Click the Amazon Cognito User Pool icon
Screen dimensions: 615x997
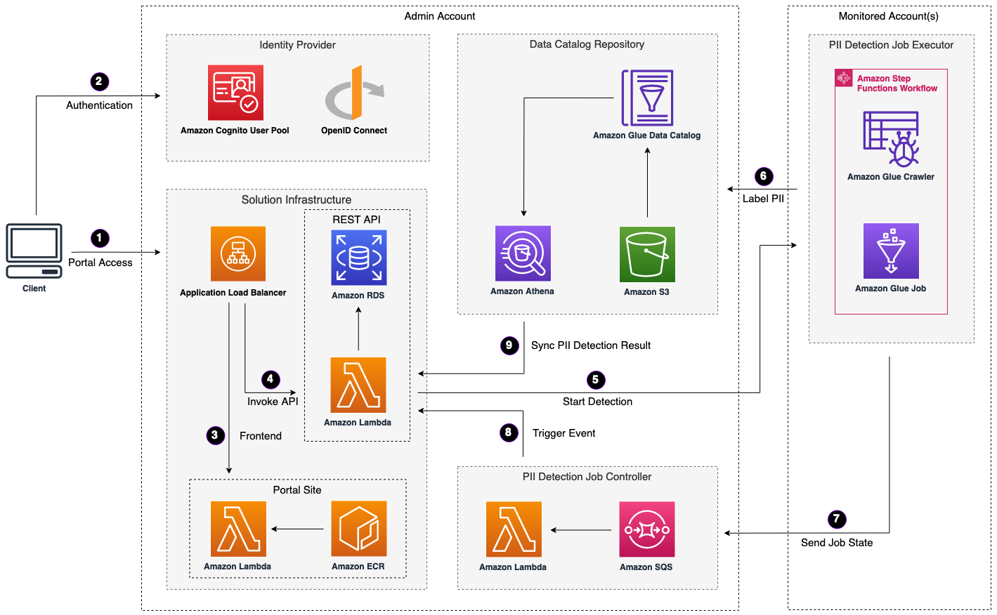pyautogui.click(x=235, y=93)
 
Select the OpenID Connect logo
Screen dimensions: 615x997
pyautogui.click(x=354, y=93)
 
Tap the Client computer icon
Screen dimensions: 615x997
pyautogui.click(x=34, y=251)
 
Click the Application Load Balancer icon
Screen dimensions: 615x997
pyautogui.click(x=238, y=253)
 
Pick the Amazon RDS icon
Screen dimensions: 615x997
pyautogui.click(x=358, y=258)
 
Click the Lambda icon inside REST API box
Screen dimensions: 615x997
pyautogui.click(x=358, y=385)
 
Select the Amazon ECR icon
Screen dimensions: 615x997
pyautogui.click(x=358, y=529)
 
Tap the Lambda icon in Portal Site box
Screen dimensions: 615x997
pyautogui.click(x=238, y=529)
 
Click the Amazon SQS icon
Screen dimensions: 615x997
pyautogui.click(x=646, y=529)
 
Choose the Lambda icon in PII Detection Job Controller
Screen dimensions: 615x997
pyautogui.click(x=514, y=529)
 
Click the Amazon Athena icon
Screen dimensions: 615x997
pyautogui.click(x=523, y=253)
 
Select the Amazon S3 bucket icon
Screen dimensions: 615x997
pyautogui.click(x=647, y=254)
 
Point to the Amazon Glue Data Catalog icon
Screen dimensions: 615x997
pyautogui.click(x=647, y=98)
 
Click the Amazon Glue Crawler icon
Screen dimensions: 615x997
pyautogui.click(x=891, y=138)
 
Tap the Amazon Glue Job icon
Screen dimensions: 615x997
pyautogui.click(x=891, y=251)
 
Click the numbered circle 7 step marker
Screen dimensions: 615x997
pyautogui.click(x=836, y=520)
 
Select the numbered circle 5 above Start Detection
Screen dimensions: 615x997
pyautogui.click(x=595, y=380)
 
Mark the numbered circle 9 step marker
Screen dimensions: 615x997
pyautogui.click(x=509, y=345)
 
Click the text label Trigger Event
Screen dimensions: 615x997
pyautogui.click(x=563, y=433)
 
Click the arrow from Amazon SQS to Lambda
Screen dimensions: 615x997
pyautogui.click(x=581, y=530)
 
